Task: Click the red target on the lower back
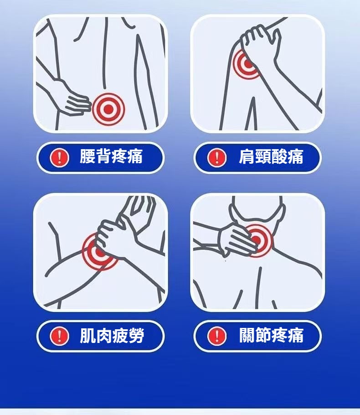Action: coord(108,109)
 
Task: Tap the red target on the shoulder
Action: coord(246,64)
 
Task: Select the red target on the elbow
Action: coord(99,252)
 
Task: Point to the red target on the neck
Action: coord(257,240)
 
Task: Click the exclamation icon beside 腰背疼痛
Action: coord(60,157)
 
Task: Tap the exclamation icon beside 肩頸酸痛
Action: coord(217,157)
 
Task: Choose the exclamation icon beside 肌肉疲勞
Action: coord(60,336)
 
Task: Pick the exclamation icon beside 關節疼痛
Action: coord(217,336)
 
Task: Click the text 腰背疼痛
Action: coord(111,156)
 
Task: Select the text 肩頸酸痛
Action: coord(271,156)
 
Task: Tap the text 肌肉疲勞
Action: coord(112,335)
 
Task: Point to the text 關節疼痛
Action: coord(271,335)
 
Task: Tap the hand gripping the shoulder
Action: coord(261,44)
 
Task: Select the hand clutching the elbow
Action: coord(116,238)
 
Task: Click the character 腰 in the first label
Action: coord(87,156)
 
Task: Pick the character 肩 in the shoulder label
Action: coord(247,156)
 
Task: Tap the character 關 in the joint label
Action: coord(247,335)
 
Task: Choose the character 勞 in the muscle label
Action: coord(136,335)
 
